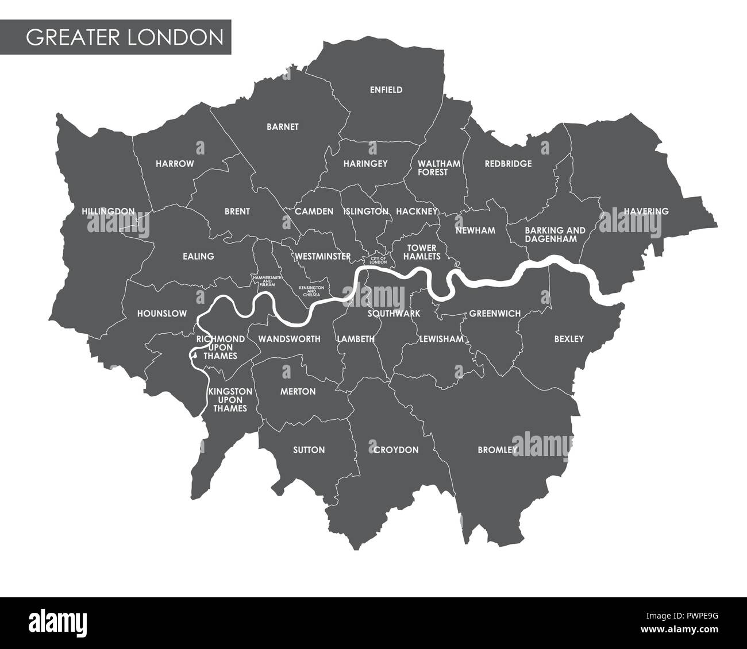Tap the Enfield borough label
(386, 90)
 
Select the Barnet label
(283, 127)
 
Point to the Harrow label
(175, 164)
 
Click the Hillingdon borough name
(108, 211)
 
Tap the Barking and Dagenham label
(555, 234)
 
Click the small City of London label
(379, 261)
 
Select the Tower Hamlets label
(423, 252)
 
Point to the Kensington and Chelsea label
(311, 289)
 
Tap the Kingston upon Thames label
(230, 399)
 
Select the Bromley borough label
(498, 450)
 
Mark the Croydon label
(396, 450)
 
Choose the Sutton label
(309, 450)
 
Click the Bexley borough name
(569, 339)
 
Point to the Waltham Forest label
(440, 168)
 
